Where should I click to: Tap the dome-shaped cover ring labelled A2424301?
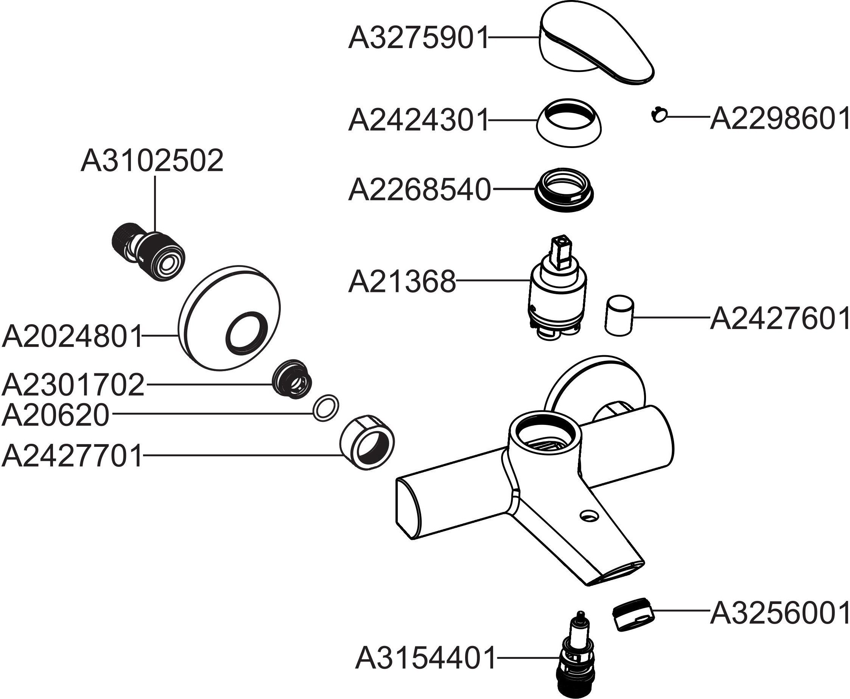coord(569,121)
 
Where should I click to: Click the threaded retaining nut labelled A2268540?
coord(564,189)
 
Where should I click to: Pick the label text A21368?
coord(402,282)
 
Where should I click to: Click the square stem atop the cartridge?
coord(562,252)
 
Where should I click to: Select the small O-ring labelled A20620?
coord(325,408)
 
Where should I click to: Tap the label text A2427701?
coord(72,456)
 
